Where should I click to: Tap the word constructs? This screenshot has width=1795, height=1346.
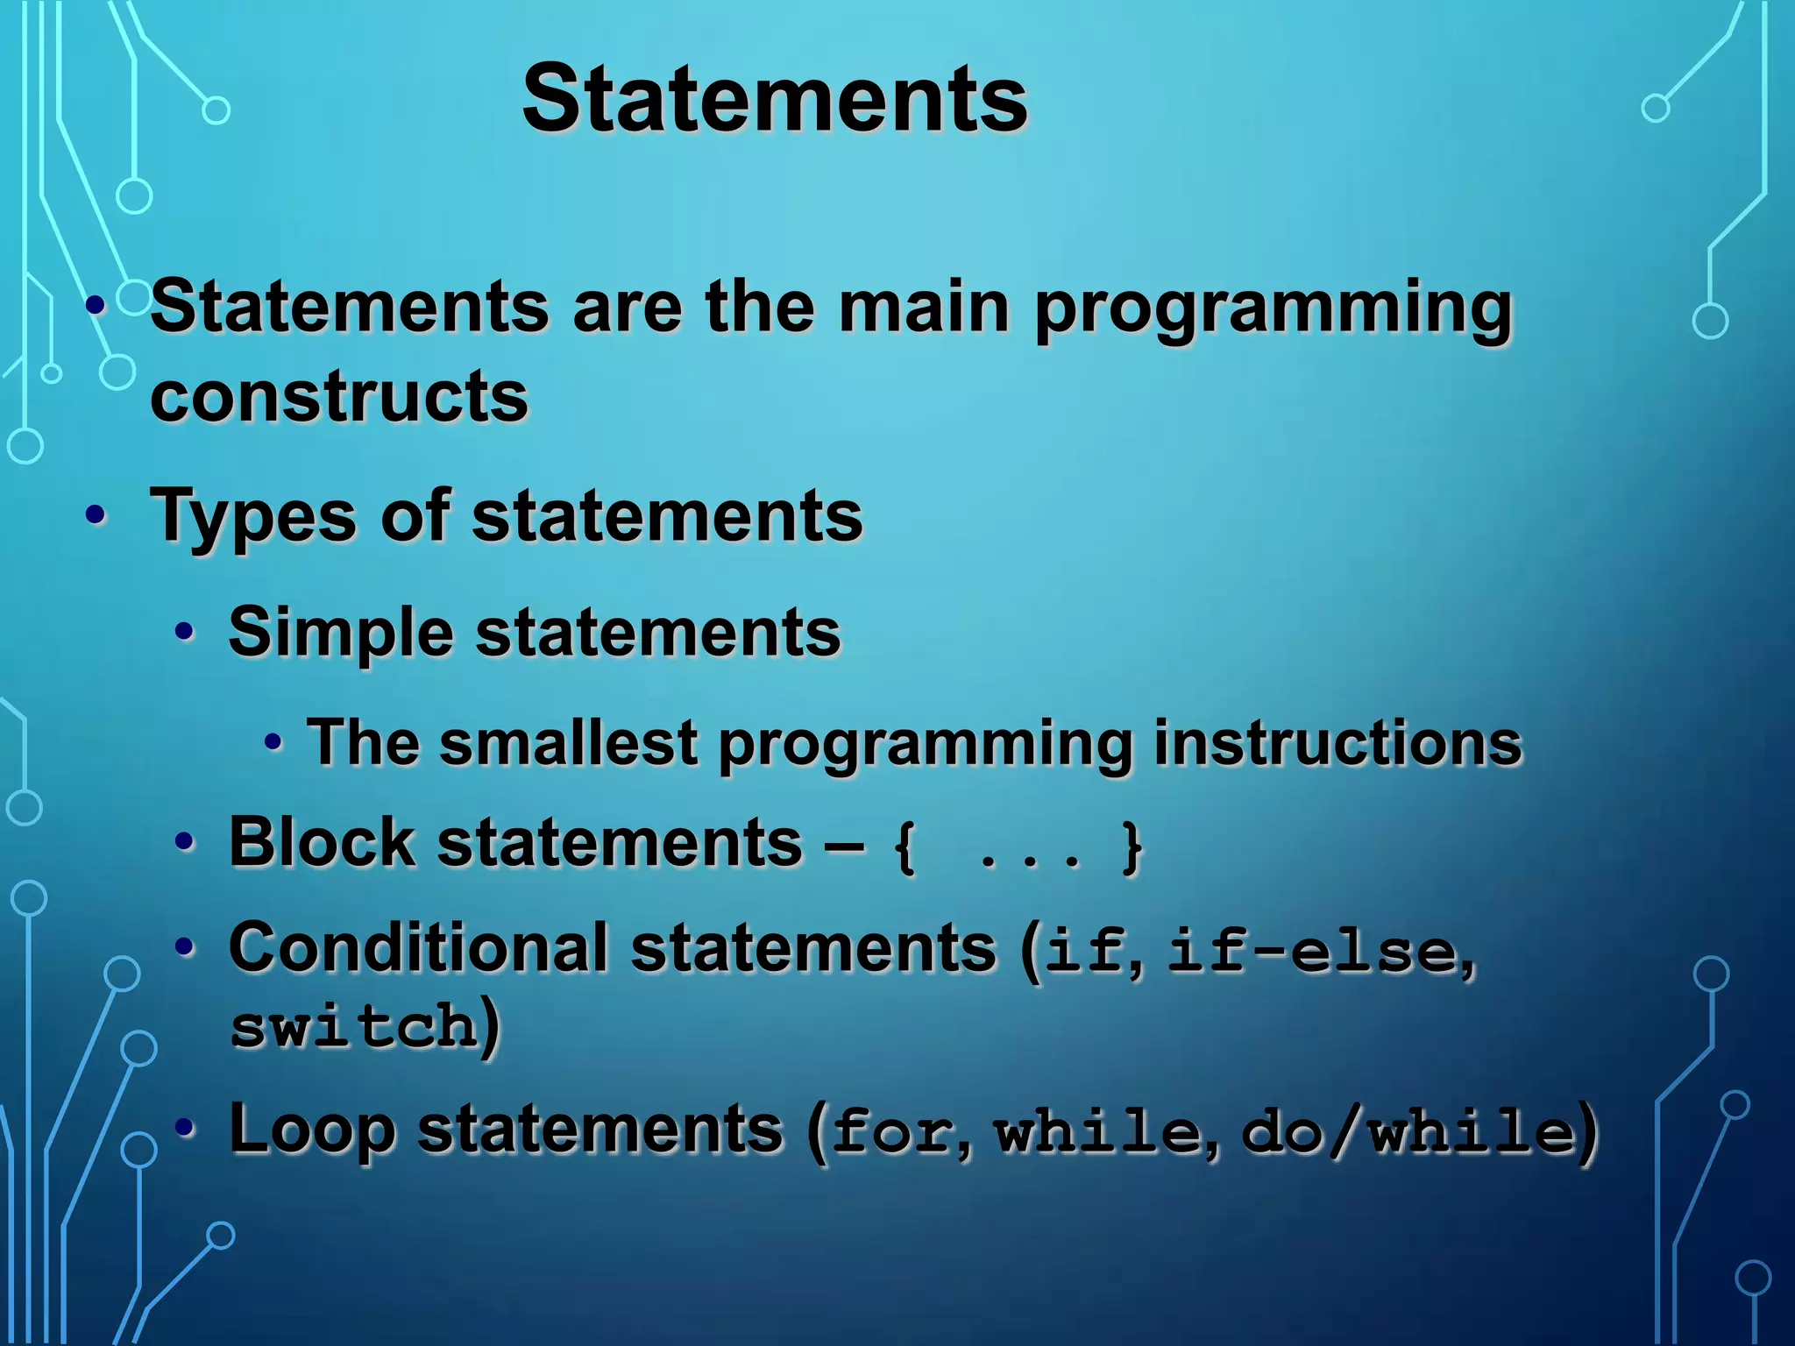tap(339, 396)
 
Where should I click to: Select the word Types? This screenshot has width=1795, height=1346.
tap(254, 517)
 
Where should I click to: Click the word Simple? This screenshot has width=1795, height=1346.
tap(341, 633)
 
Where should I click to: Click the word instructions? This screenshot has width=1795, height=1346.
tap(1337, 743)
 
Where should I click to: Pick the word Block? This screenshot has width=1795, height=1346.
tap(322, 843)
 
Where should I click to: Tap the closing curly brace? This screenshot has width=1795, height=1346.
tap(1132, 847)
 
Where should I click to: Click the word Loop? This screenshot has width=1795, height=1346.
tap(312, 1130)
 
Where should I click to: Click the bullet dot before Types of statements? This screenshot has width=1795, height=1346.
tap(96, 516)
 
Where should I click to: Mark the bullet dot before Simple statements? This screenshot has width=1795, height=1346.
tap(184, 632)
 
